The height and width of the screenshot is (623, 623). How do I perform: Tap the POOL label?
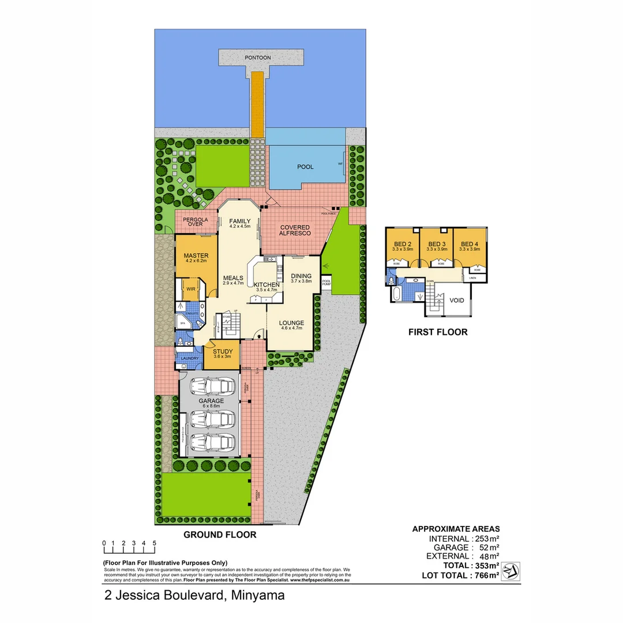[x=305, y=167]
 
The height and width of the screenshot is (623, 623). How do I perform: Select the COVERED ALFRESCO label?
[x=295, y=230]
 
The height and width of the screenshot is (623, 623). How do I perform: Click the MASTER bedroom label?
[x=196, y=256]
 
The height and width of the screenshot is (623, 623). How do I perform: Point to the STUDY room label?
[x=223, y=351]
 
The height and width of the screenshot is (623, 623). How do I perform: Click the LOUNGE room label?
[x=292, y=323]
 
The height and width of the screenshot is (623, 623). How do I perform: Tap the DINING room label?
[x=301, y=276]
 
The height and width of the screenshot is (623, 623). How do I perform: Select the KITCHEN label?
[x=267, y=285]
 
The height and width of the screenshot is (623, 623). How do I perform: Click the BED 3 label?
[x=437, y=244]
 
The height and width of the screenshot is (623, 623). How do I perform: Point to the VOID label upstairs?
[x=457, y=301]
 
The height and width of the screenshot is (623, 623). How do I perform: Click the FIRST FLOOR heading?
[x=438, y=332]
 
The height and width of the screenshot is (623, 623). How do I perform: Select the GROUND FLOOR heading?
[x=220, y=535]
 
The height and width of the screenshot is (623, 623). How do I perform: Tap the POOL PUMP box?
[x=326, y=283]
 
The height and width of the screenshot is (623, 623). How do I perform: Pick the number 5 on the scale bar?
[x=154, y=543]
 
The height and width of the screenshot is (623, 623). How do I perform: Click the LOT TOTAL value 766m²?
[x=485, y=575]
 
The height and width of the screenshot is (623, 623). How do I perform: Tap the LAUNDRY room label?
[x=190, y=358]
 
